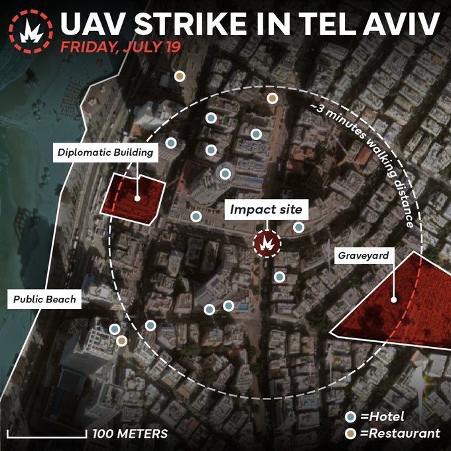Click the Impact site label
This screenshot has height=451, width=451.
[x=266, y=210]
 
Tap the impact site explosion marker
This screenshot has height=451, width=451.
[x=267, y=243]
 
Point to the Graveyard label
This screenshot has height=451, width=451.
[x=363, y=255]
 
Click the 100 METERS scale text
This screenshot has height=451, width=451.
[x=130, y=434]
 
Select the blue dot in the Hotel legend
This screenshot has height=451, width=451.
[x=352, y=417]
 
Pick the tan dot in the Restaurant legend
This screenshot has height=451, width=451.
[x=352, y=434]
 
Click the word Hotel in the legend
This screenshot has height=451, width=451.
[x=386, y=417]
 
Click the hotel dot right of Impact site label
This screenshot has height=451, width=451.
[x=299, y=227]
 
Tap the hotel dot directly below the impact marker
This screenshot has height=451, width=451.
[x=279, y=276]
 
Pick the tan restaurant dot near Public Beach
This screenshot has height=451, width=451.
[x=121, y=341]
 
